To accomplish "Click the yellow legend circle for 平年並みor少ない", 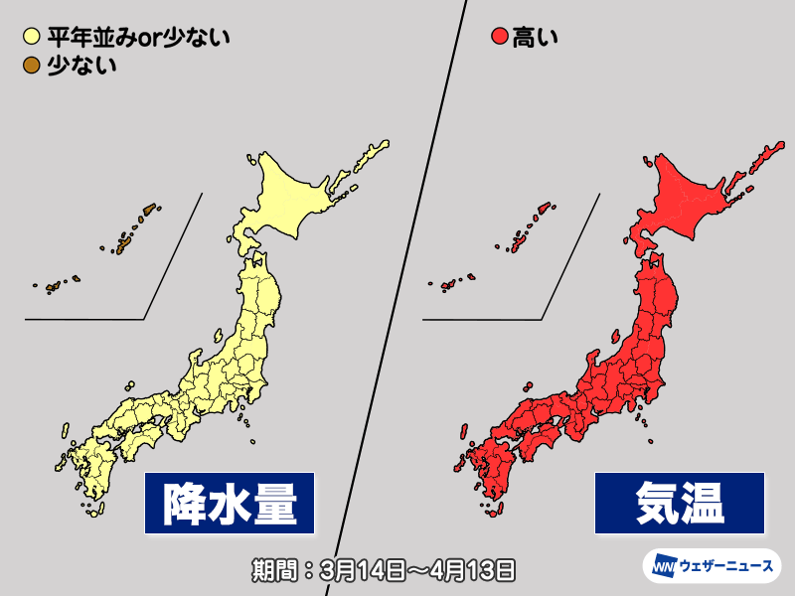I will (x=31, y=39).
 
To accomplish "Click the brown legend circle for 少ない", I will (x=31, y=66).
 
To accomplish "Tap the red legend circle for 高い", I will (x=500, y=39).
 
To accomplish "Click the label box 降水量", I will (x=231, y=503).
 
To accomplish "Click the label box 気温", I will (x=682, y=503).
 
